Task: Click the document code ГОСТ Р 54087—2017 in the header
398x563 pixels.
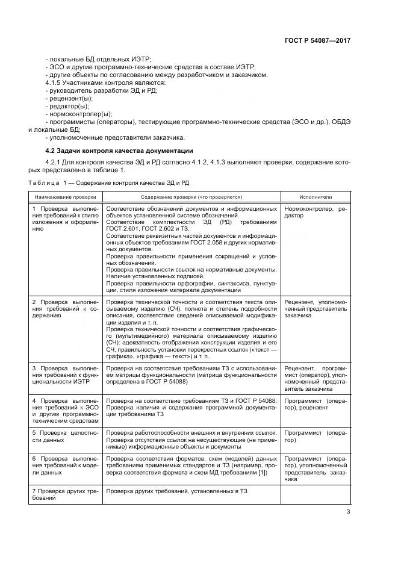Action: click(x=317, y=40)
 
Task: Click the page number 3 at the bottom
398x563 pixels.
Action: click(x=349, y=512)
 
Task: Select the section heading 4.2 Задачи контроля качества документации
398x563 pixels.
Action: click(x=119, y=149)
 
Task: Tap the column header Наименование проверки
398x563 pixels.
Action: click(x=65, y=197)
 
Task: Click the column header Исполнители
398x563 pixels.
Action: click(x=316, y=197)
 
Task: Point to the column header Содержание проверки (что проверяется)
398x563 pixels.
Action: click(x=191, y=197)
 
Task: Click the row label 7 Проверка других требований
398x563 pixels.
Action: click(x=65, y=496)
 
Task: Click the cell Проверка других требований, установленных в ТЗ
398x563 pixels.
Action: click(x=177, y=492)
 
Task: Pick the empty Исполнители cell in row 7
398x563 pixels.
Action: click(x=316, y=495)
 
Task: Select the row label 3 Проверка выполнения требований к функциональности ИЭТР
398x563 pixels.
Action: click(x=65, y=373)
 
